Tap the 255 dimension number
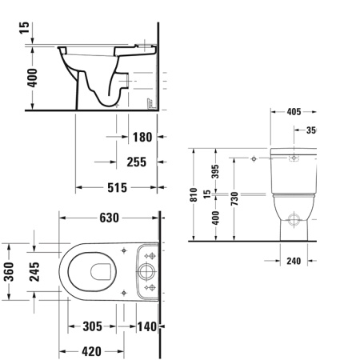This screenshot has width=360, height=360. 137,162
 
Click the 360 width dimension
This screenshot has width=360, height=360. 9,273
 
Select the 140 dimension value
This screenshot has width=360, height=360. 146,327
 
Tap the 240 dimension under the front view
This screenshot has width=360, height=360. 293,260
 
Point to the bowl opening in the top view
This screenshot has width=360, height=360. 100,272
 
